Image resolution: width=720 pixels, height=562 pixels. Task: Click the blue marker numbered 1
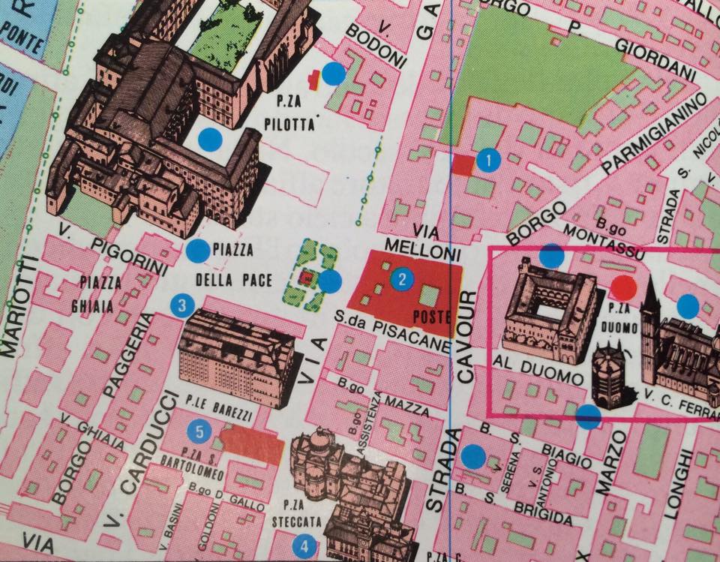pos(488,160)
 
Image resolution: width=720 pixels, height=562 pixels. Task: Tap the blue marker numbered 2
pos(403,280)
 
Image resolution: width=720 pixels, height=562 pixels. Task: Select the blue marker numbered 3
pos(182,305)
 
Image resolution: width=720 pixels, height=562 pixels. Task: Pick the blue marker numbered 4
pos(304,546)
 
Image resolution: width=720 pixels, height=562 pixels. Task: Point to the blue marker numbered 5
pos(199,431)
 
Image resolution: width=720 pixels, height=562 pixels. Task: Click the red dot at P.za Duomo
pos(623,286)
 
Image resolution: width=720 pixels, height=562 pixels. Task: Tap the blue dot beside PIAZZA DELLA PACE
pos(198,251)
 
